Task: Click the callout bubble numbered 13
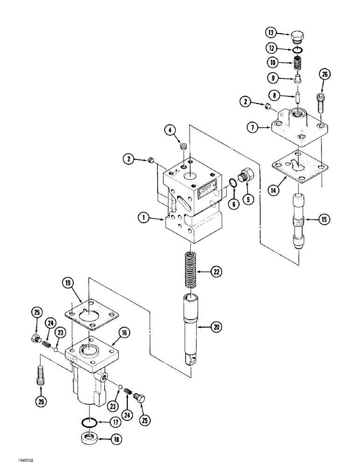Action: click(x=271, y=33)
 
